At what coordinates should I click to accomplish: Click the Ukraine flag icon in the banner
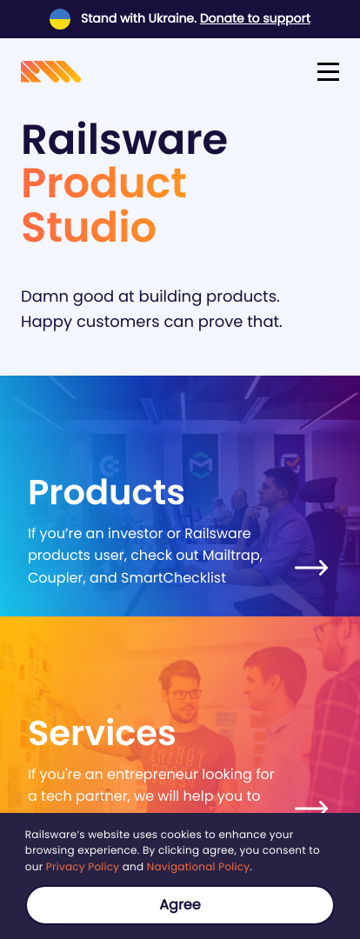60,19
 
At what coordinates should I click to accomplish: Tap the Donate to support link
255,18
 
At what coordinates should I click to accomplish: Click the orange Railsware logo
51,72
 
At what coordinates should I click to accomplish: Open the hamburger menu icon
328,72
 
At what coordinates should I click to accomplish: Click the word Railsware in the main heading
124,139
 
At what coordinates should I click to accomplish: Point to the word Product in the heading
104,183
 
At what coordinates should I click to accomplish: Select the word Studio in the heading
89,226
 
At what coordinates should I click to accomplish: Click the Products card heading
107,492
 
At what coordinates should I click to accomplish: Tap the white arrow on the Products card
311,568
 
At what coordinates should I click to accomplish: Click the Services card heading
102,733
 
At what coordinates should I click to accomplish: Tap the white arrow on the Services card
311,808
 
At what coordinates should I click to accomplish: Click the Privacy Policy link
83,867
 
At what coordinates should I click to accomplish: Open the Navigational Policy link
197,867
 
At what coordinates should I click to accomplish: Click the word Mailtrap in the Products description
232,555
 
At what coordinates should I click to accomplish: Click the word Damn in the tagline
43,296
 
